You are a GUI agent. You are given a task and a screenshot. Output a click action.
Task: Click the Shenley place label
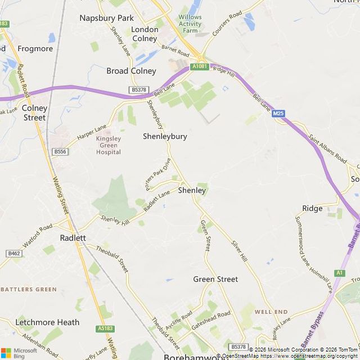click(192, 191)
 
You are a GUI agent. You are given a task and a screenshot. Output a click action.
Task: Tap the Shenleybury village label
click(165, 136)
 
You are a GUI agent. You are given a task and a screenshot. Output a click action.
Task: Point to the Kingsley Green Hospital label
click(109, 145)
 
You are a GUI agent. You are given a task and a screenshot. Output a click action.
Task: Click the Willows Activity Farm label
click(190, 24)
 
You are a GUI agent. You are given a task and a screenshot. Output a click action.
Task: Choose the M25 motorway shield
click(278, 114)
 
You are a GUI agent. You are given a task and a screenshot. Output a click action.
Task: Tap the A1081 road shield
click(199, 66)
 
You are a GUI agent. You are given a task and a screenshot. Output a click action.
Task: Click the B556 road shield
click(60, 152)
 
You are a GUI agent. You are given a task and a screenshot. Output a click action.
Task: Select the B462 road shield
click(14, 254)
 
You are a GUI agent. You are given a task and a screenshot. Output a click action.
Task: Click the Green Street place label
click(215, 279)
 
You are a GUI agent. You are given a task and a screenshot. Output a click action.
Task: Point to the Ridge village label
click(312, 208)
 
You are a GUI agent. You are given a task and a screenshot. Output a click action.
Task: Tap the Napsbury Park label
click(106, 17)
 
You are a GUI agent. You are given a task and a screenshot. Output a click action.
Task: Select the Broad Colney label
click(131, 71)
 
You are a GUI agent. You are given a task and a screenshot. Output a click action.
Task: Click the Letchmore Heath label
click(47, 322)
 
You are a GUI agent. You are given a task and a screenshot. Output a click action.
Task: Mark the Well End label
click(271, 312)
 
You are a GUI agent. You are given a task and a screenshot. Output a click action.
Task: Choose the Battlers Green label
click(29, 289)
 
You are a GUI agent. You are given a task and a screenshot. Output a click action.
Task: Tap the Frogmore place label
click(35, 48)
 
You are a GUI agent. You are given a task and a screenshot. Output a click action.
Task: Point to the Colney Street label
click(34, 112)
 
